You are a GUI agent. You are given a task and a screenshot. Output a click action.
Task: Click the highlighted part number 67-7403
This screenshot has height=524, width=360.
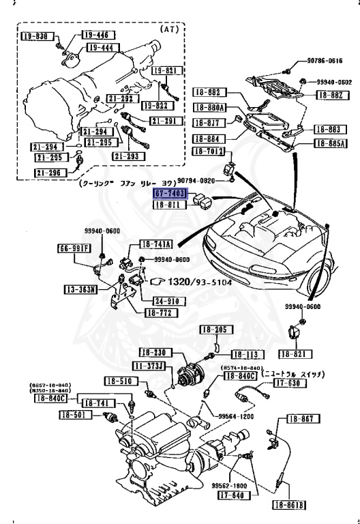click(170, 194)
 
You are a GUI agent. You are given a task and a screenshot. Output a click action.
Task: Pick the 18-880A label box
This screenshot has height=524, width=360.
click(210, 108)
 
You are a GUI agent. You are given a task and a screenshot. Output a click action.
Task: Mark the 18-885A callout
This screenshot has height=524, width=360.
click(331, 144)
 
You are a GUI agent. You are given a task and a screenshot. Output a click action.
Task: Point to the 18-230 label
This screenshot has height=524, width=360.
click(156, 353)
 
